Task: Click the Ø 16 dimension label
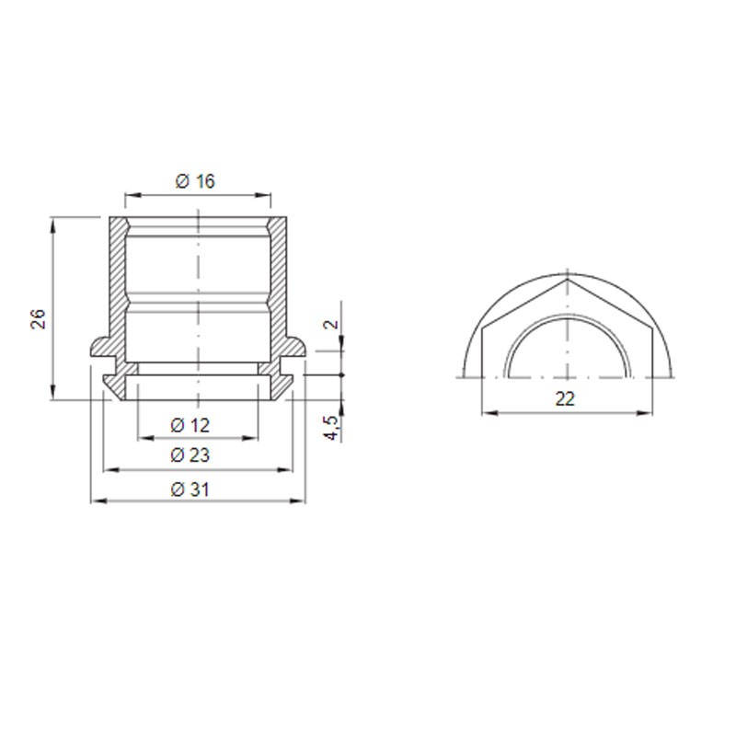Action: (x=195, y=181)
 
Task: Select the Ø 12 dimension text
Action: (x=190, y=425)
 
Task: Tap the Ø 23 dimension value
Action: (x=190, y=454)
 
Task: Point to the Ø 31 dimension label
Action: (x=190, y=489)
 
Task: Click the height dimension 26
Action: (x=39, y=318)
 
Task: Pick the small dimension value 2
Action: (x=332, y=324)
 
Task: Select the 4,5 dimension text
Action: (x=332, y=427)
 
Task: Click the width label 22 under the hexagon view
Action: (x=565, y=399)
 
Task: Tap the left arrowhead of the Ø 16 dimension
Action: (x=132, y=195)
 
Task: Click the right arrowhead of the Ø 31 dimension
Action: (x=298, y=501)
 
